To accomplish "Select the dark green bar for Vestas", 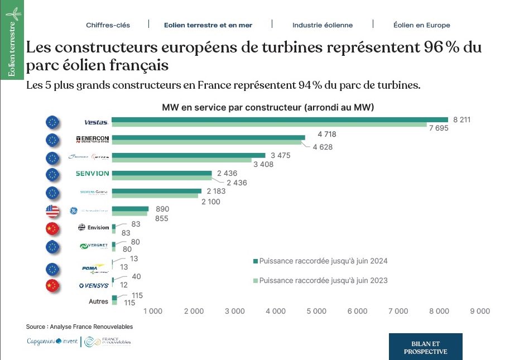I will (x=280, y=119).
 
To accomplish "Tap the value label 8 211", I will (x=462, y=119).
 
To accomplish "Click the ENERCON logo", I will (x=92, y=140).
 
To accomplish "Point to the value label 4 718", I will (x=327, y=135).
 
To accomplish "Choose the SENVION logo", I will (x=92, y=174).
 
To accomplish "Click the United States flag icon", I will (x=52, y=210).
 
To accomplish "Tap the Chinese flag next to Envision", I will (x=52, y=228).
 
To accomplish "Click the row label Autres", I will (x=98, y=301).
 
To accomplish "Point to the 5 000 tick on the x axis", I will (x=316, y=311).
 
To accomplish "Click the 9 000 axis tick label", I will (x=480, y=311).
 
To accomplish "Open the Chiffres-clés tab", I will (x=108, y=25).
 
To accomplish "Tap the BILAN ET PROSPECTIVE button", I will (x=425, y=347).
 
